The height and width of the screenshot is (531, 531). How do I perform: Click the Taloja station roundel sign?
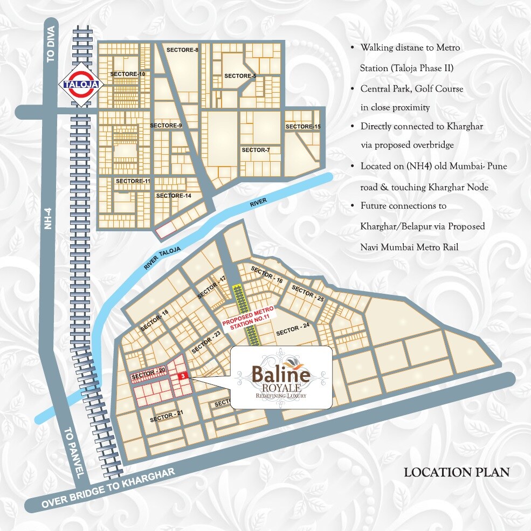click(x=75, y=85)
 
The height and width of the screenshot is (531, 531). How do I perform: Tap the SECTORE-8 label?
click(x=182, y=50)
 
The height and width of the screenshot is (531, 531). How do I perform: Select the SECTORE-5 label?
click(x=240, y=76)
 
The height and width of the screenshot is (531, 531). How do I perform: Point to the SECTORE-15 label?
click(x=303, y=127)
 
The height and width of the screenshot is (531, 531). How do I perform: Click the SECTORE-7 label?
click(x=256, y=149)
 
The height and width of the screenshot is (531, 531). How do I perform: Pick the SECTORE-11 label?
click(x=133, y=181)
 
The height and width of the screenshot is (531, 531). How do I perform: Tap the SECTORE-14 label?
click(x=174, y=196)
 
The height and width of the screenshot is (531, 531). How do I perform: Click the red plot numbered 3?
click(x=183, y=375)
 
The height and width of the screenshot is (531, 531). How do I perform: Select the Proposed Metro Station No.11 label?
click(x=250, y=318)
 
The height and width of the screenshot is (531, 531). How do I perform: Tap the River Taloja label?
click(x=163, y=257)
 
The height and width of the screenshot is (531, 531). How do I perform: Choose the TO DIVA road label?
click(x=51, y=49)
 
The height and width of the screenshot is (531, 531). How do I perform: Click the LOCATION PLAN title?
click(x=457, y=473)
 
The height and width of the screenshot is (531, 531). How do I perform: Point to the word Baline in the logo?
click(x=280, y=374)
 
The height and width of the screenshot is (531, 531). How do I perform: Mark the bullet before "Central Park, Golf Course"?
click(x=352, y=88)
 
